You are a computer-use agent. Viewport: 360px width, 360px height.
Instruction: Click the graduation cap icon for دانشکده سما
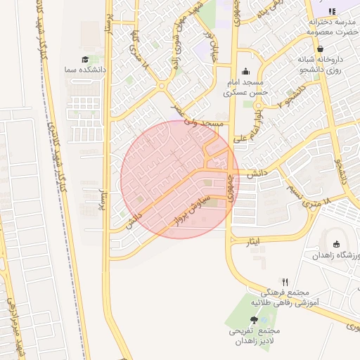(x=85, y=60)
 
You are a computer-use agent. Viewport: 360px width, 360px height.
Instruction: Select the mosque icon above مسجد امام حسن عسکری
(x=245, y=71)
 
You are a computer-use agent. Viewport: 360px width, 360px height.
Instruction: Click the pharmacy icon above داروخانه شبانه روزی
(x=321, y=49)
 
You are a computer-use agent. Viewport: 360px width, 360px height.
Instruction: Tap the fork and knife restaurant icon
(x=285, y=282)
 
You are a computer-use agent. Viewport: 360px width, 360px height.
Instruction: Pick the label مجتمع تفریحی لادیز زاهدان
(x=254, y=335)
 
